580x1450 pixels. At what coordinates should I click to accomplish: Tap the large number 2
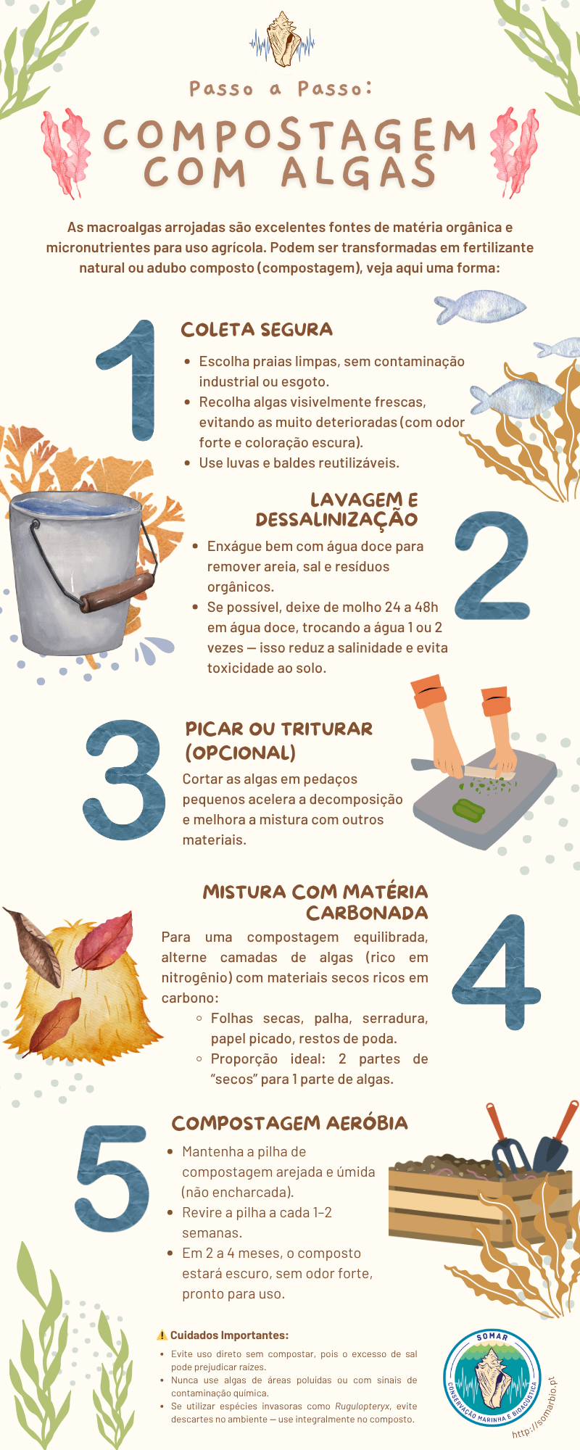coord(492,566)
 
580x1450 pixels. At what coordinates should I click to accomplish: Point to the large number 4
coord(497,971)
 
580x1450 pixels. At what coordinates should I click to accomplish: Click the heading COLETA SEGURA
coord(257,330)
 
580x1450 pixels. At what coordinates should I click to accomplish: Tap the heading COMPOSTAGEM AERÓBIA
coord(289,1123)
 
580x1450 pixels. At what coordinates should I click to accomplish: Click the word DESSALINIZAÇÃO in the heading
coord(336,520)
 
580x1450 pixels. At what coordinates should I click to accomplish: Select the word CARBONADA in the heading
coord(367,912)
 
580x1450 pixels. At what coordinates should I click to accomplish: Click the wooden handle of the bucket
coord(117,592)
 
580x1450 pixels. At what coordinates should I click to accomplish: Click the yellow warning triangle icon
coord(162,1335)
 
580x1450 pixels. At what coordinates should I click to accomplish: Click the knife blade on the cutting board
coord(490,773)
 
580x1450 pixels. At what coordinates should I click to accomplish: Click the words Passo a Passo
coord(281,88)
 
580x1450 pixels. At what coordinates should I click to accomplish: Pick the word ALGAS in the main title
coord(359,173)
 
